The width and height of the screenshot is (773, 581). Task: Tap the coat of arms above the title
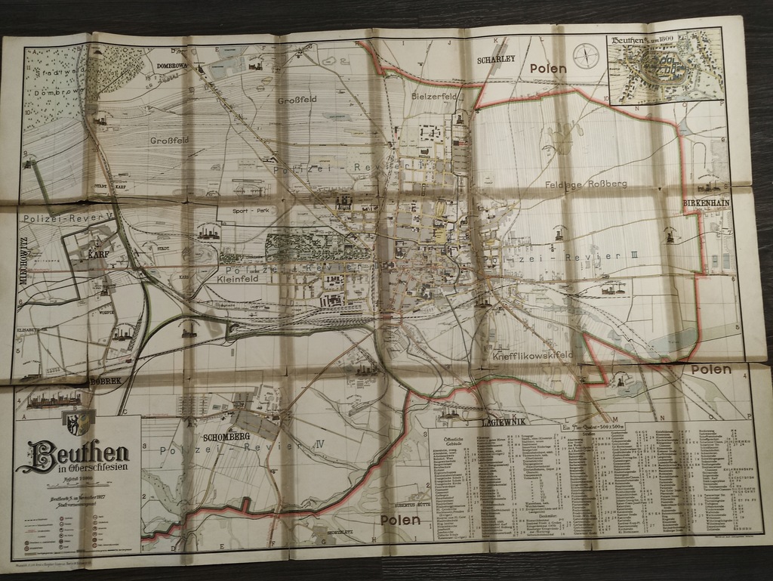click(x=77, y=423)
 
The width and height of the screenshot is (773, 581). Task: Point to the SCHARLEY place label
click(x=496, y=59)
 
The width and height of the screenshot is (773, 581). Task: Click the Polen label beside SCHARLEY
click(x=548, y=68)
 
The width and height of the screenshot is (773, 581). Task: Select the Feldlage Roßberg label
click(x=577, y=183)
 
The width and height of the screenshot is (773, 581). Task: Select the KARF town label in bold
click(x=97, y=255)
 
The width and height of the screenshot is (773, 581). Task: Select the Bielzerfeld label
click(x=436, y=97)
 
